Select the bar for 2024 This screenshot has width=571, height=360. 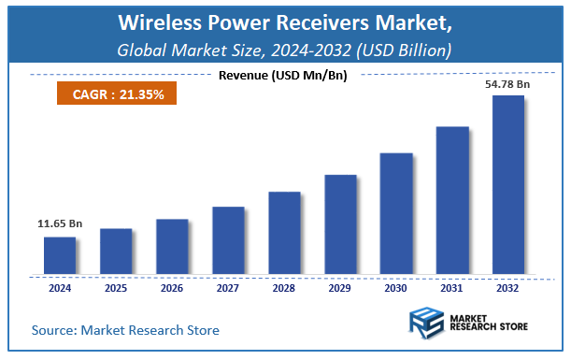[x=60, y=256]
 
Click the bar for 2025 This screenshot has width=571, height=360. [x=116, y=252]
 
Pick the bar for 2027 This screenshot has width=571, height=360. [x=228, y=241]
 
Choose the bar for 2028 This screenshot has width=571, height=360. [x=284, y=234]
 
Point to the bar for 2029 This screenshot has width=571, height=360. [x=340, y=225]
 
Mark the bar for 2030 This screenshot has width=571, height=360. [x=396, y=214]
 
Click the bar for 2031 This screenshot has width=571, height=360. [x=452, y=201]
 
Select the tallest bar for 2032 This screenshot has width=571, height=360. [x=508, y=185]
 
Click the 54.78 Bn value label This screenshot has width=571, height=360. [x=508, y=85]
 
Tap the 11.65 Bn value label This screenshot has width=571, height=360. [x=59, y=224]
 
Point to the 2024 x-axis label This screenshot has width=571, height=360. [x=60, y=290]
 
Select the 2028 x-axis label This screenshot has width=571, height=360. [x=284, y=290]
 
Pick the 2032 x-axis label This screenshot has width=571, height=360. [x=508, y=290]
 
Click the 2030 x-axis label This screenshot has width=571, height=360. [x=396, y=290]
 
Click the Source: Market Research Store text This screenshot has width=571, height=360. [x=125, y=329]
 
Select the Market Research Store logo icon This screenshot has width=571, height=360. [x=430, y=325]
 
